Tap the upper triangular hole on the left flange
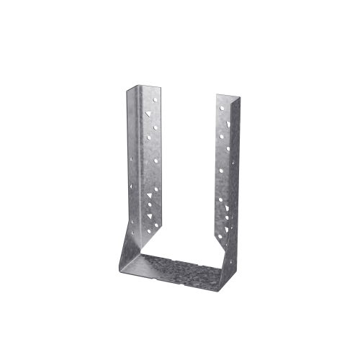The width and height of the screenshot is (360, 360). (148, 114)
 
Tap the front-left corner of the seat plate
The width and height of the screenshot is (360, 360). (120, 271)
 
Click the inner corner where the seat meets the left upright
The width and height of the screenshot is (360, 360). (142, 253)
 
